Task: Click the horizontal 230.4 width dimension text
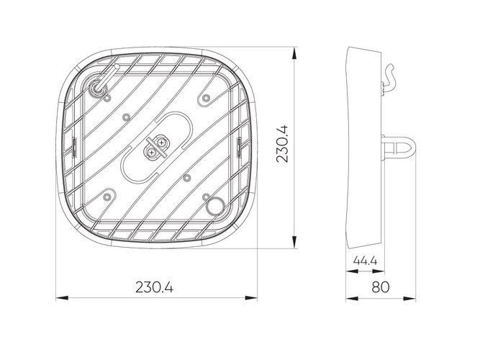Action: (x=154, y=287)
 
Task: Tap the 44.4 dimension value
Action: (x=366, y=260)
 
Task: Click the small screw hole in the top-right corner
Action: (x=207, y=96)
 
